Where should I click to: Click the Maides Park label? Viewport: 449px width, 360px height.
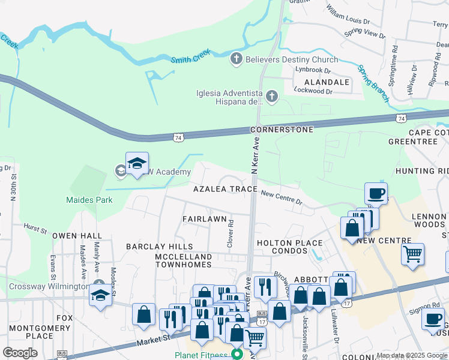click(x=89, y=200)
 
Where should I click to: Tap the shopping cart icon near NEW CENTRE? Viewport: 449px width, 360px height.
click(x=412, y=254)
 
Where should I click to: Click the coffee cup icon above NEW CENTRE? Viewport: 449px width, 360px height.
click(x=376, y=194)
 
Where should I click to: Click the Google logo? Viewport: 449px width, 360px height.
click(x=20, y=353)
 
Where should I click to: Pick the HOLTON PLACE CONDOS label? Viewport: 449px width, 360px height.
click(x=289, y=247)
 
